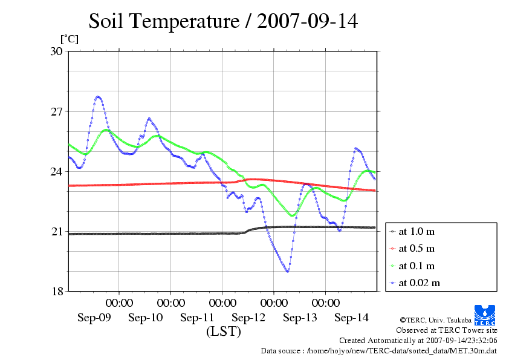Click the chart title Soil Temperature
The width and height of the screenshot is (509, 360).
(x=223, y=22)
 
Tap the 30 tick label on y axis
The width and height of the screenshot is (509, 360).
(x=56, y=51)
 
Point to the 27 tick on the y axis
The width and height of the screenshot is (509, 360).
(x=56, y=112)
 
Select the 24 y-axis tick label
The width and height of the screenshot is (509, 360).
(x=56, y=172)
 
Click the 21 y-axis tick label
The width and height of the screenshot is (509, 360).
(x=56, y=232)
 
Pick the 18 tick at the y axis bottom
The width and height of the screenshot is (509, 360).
(x=56, y=292)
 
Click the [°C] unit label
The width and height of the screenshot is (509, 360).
(x=69, y=39)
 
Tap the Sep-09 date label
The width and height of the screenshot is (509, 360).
(x=94, y=318)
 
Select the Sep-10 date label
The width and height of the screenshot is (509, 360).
(x=146, y=318)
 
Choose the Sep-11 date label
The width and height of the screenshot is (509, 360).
(x=197, y=318)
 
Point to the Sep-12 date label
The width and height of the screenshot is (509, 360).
(x=248, y=318)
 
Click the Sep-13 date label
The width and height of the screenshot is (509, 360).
(x=300, y=318)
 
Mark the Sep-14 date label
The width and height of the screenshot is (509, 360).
(x=351, y=318)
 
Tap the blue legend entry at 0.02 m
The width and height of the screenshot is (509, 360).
(x=418, y=283)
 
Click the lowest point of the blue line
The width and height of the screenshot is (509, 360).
(x=287, y=271)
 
